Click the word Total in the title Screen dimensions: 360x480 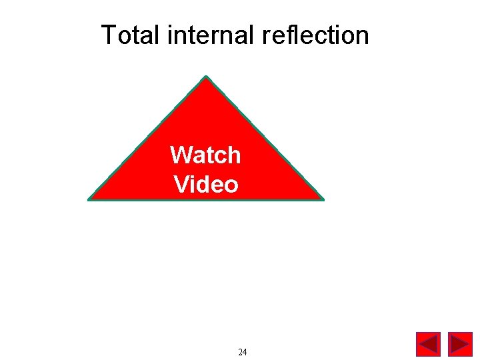point(130,35)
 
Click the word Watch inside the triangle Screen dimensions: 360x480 point(205,155)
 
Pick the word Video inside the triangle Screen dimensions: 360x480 point(205,184)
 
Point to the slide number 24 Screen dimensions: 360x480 point(243,352)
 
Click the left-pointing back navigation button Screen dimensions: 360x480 point(428,344)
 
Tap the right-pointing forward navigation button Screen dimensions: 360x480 point(460,344)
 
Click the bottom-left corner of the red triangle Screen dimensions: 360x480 point(89,199)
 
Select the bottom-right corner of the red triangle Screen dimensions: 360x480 point(323,199)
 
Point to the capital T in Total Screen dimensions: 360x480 point(107,35)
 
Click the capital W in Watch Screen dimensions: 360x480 point(180,155)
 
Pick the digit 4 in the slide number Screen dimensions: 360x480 point(245,352)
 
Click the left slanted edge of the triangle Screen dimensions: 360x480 point(147,137)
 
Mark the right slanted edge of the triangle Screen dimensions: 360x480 point(265,137)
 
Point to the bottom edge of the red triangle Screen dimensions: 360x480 point(206,199)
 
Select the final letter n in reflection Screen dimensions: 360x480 point(363,35)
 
